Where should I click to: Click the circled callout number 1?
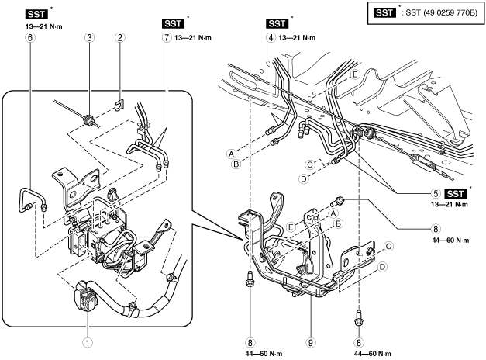(x=88, y=343)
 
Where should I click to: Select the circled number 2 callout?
(x=119, y=37)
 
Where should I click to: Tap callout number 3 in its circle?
(x=89, y=37)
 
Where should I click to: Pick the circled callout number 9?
(x=310, y=343)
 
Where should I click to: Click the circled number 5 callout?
(x=436, y=193)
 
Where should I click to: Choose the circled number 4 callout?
(x=271, y=37)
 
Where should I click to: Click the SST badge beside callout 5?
(x=455, y=194)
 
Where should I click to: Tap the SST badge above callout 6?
(x=36, y=14)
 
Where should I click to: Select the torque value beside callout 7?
(x=193, y=38)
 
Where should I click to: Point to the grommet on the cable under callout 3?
(x=88, y=119)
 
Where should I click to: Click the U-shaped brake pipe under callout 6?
(x=32, y=199)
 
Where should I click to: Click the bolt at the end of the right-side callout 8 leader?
(x=336, y=201)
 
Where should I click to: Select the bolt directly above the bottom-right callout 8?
(x=359, y=318)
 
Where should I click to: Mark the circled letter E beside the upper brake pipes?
(x=355, y=74)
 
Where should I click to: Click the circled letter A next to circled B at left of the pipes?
(x=231, y=154)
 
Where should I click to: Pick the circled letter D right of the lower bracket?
(x=382, y=267)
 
